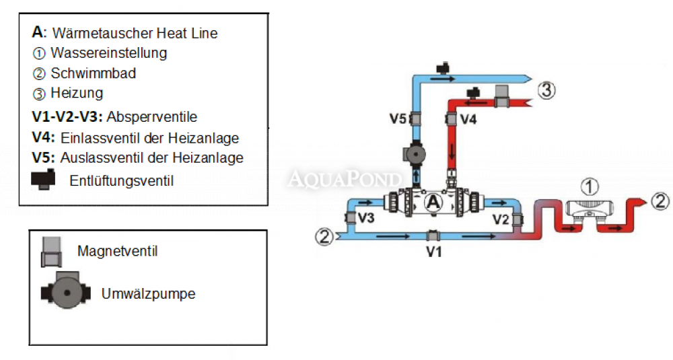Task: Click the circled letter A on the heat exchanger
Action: [x=433, y=201]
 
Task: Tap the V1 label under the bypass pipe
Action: [x=433, y=252]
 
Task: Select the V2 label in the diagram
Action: [x=501, y=219]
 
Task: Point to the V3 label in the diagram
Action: [x=366, y=217]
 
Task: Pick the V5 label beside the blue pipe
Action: [x=398, y=120]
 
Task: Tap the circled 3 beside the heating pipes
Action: [x=547, y=89]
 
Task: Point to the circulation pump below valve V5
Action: [x=413, y=153]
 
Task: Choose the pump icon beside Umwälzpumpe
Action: [x=66, y=294]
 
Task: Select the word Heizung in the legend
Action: [x=77, y=94]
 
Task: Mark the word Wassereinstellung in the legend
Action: [x=108, y=52]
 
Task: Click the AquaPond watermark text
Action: [x=345, y=178]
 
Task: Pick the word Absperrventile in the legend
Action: [x=155, y=116]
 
